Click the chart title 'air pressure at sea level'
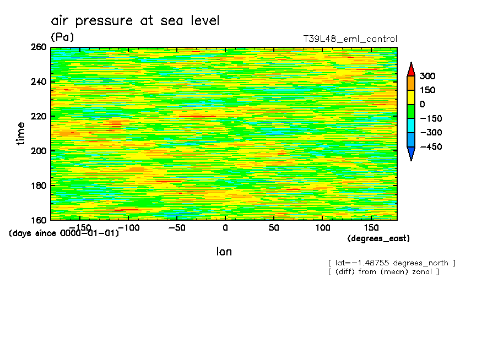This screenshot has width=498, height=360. pyautogui.click(x=135, y=21)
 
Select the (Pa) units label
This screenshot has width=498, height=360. pyautogui.click(x=62, y=37)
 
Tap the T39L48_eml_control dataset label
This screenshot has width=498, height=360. pyautogui.click(x=350, y=39)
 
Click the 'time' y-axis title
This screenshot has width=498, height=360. pyautogui.click(x=21, y=133)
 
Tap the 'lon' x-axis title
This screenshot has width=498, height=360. pyautogui.click(x=224, y=252)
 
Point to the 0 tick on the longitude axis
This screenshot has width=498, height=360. pyautogui.click(x=225, y=227)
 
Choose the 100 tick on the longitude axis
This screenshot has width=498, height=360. pyautogui.click(x=322, y=227)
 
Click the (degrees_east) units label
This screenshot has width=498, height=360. pyautogui.click(x=378, y=238)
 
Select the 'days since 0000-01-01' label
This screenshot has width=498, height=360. pyautogui.click(x=64, y=233)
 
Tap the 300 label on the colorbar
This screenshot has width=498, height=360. pyautogui.click(x=427, y=76)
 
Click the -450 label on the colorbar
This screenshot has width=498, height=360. pyautogui.click(x=430, y=147)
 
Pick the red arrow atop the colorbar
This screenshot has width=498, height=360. pyautogui.click(x=411, y=68)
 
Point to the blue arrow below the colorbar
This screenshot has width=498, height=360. pyautogui.click(x=411, y=154)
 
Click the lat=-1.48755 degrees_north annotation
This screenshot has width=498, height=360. pyautogui.click(x=392, y=263)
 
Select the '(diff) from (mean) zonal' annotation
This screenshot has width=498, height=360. pyautogui.click(x=383, y=271)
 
